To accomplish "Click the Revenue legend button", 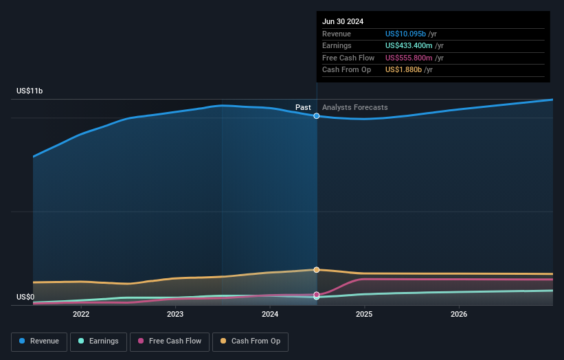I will click(x=40, y=341).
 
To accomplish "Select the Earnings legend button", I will click(x=100, y=341).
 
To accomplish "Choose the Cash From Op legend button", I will click(x=250, y=341).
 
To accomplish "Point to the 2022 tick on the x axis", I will click(x=81, y=315).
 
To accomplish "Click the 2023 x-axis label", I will click(x=175, y=315).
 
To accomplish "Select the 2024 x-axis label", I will click(x=270, y=315).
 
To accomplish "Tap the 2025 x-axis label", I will click(x=364, y=315).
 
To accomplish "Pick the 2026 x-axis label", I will click(x=459, y=315).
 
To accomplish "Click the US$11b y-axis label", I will click(x=30, y=91).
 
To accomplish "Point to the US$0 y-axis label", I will click(x=25, y=297).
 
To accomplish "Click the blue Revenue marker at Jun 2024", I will click(x=317, y=116).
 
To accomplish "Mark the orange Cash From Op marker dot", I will click(x=317, y=270).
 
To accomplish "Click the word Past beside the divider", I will click(x=303, y=108).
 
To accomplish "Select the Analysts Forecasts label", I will click(x=354, y=108).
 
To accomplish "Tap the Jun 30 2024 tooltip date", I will click(x=343, y=21).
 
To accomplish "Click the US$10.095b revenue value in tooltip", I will click(x=409, y=34).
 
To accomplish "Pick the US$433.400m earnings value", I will click(x=410, y=45).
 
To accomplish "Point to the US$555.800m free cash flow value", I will click(x=410, y=58).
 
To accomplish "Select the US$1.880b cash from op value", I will click(x=403, y=70).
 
